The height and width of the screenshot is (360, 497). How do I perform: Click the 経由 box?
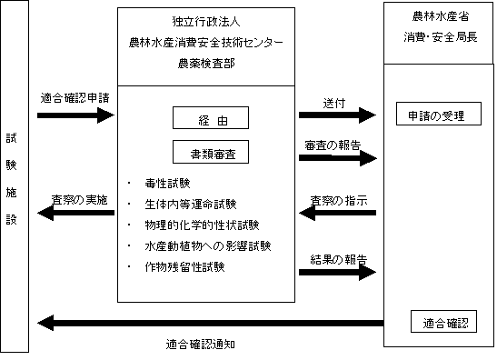[211, 118]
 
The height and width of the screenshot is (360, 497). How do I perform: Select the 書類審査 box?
[211, 150]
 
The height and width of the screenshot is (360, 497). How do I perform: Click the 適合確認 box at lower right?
[443, 322]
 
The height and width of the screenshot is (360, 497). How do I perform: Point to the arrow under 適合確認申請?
[77, 115]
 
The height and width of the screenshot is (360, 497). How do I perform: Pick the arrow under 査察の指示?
[338, 214]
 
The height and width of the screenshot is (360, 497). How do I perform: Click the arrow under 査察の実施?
[77, 214]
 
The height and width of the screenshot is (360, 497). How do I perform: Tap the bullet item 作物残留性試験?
[189, 267]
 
